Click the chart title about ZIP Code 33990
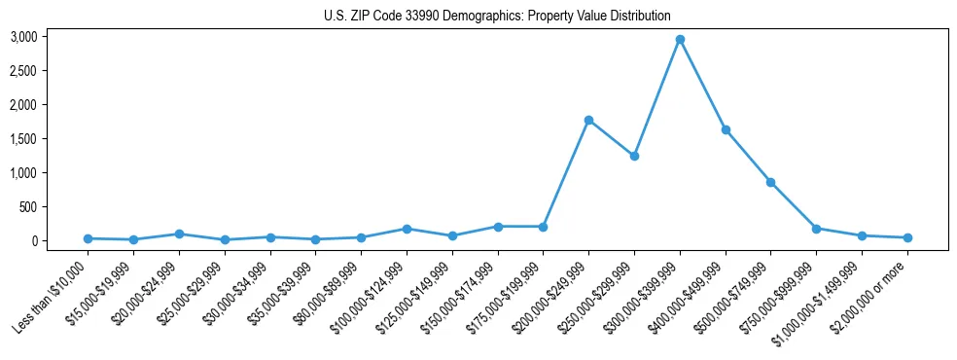[x=497, y=16]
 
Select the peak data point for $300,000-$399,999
[x=680, y=40]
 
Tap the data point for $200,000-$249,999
[x=588, y=120]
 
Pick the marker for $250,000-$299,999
[x=634, y=156]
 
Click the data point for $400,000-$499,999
[x=726, y=129]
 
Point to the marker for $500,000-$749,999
[x=770, y=182]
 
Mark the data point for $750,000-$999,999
[x=816, y=229]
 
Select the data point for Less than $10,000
[x=89, y=238]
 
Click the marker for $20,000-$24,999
[x=179, y=234]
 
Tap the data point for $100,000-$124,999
[x=407, y=229]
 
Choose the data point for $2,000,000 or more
[x=907, y=237]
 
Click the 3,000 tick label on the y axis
[x=23, y=37]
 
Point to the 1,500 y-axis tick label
[x=23, y=139]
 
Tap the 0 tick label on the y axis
[x=33, y=241]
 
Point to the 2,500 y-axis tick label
[x=23, y=71]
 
